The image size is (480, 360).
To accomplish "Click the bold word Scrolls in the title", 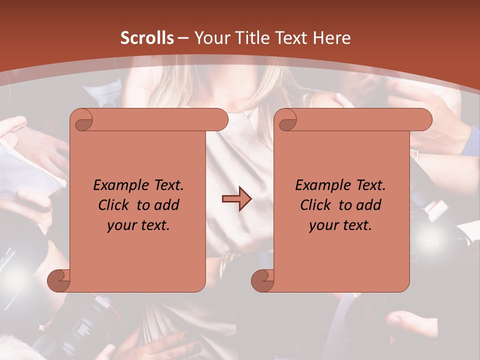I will tap(147, 38).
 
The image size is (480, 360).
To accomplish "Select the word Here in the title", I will tap(331, 38).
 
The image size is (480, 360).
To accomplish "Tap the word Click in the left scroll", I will tap(114, 205).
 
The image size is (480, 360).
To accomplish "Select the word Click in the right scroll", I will tap(316, 205).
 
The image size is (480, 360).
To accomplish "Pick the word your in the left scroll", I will tap(121, 225).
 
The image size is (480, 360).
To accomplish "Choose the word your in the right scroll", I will tap(323, 225).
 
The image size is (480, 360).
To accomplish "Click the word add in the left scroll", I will tap(167, 205).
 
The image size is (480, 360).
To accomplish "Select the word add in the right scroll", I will tap(369, 205).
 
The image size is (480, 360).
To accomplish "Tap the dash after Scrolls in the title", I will tap(183, 38).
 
